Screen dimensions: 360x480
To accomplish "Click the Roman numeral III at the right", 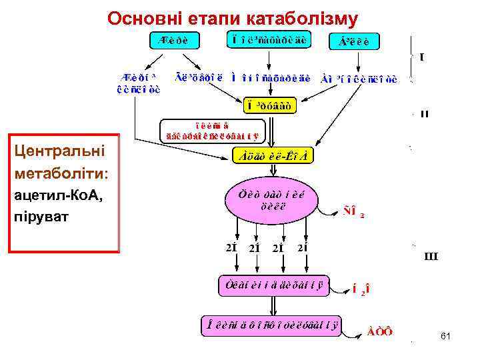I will click(431, 256).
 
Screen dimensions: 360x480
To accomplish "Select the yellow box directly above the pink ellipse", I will click(274, 156).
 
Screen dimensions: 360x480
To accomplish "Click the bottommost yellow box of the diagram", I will click(272, 325).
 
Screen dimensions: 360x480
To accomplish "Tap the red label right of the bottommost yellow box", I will click(379, 331).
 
